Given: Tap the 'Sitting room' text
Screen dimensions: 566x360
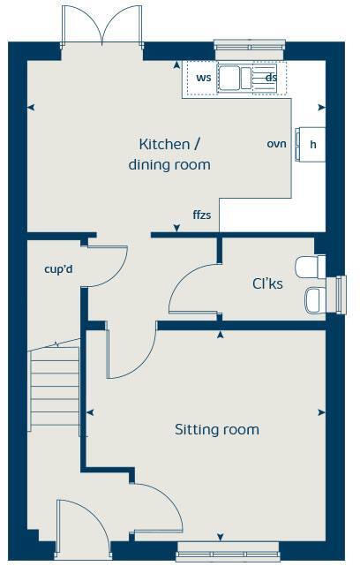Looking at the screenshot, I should [x=216, y=430].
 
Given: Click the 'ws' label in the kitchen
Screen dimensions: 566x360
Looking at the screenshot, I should [x=203, y=78].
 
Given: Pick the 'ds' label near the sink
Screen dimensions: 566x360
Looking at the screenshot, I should [x=271, y=78].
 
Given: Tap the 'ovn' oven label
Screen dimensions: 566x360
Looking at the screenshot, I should [x=277, y=143].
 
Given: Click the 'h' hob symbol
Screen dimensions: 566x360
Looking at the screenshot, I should [x=311, y=144].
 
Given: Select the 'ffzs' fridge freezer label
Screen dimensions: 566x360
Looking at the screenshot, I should [x=201, y=215].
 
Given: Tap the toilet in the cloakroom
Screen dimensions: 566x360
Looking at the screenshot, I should [x=309, y=266].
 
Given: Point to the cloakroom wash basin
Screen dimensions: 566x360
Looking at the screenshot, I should [x=313, y=300].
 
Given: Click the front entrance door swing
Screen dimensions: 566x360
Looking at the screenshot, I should [x=84, y=525].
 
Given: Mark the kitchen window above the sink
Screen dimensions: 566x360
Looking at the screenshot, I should [x=251, y=45].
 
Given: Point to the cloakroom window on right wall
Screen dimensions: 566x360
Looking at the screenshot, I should [x=337, y=293].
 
